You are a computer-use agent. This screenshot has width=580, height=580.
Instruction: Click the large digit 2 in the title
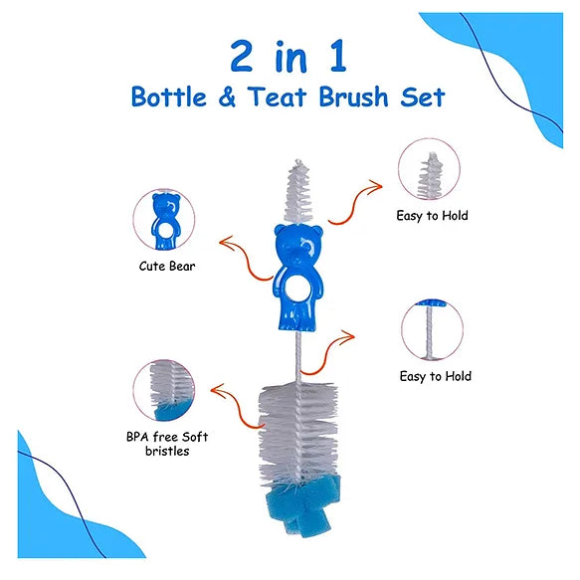[242, 56]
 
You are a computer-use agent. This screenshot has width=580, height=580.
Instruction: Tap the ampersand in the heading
[227, 97]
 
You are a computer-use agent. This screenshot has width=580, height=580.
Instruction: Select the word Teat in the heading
[277, 97]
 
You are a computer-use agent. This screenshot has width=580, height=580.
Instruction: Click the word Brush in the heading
[353, 97]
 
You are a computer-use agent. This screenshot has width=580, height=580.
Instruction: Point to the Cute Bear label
[167, 266]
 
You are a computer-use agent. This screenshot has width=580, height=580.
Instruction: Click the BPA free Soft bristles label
[167, 444]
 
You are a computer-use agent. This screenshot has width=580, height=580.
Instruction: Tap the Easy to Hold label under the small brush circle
[432, 215]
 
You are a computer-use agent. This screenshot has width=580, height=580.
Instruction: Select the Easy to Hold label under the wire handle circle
[436, 376]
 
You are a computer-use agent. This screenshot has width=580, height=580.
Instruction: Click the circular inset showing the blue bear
[164, 220]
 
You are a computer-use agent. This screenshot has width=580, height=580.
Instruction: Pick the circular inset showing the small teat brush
[429, 169]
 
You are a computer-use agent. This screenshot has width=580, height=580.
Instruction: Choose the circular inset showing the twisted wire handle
[432, 330]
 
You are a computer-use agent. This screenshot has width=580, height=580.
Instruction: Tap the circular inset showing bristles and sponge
[164, 390]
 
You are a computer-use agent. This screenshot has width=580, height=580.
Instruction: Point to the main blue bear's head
[298, 245]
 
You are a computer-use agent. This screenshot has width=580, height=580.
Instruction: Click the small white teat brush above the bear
[298, 192]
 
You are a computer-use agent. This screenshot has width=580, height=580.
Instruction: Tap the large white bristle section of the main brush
[298, 433]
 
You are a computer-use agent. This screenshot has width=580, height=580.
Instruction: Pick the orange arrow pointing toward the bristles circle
[238, 407]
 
